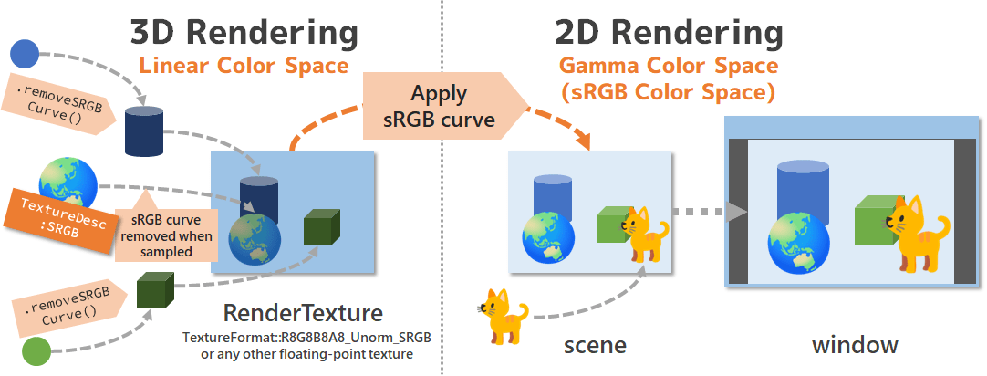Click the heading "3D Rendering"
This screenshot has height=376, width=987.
pos(244,34)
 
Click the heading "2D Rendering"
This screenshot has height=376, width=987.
pos(669,34)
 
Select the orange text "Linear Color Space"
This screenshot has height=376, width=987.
pos(244,66)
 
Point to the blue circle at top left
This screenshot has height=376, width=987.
pos(23,55)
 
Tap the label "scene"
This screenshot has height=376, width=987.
pos(594,346)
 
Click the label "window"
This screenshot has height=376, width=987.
pos(855,346)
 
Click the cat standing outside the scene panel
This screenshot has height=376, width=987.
pos(504,317)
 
